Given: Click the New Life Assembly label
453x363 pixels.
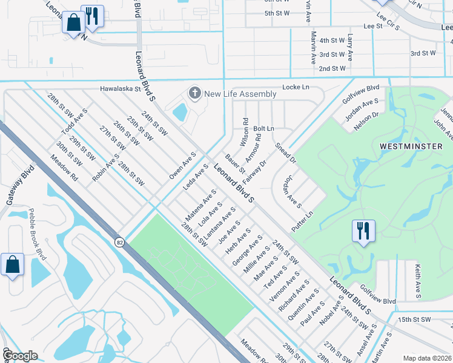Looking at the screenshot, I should pyautogui.click(x=240, y=94).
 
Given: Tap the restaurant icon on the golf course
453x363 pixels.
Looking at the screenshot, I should pyautogui.click(x=363, y=231).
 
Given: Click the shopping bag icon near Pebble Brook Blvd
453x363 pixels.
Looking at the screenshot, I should pyautogui.click(x=12, y=265).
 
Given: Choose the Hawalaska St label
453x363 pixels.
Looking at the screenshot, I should pyautogui.click(x=120, y=88).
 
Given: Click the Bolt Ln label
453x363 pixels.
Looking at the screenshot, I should pyautogui.click(x=263, y=129).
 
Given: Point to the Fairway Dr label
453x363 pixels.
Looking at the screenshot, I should pyautogui.click(x=254, y=172).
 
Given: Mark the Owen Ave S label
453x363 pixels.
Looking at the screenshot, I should pyautogui.click(x=183, y=165).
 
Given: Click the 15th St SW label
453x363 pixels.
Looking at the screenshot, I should pyautogui.click(x=414, y=319).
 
